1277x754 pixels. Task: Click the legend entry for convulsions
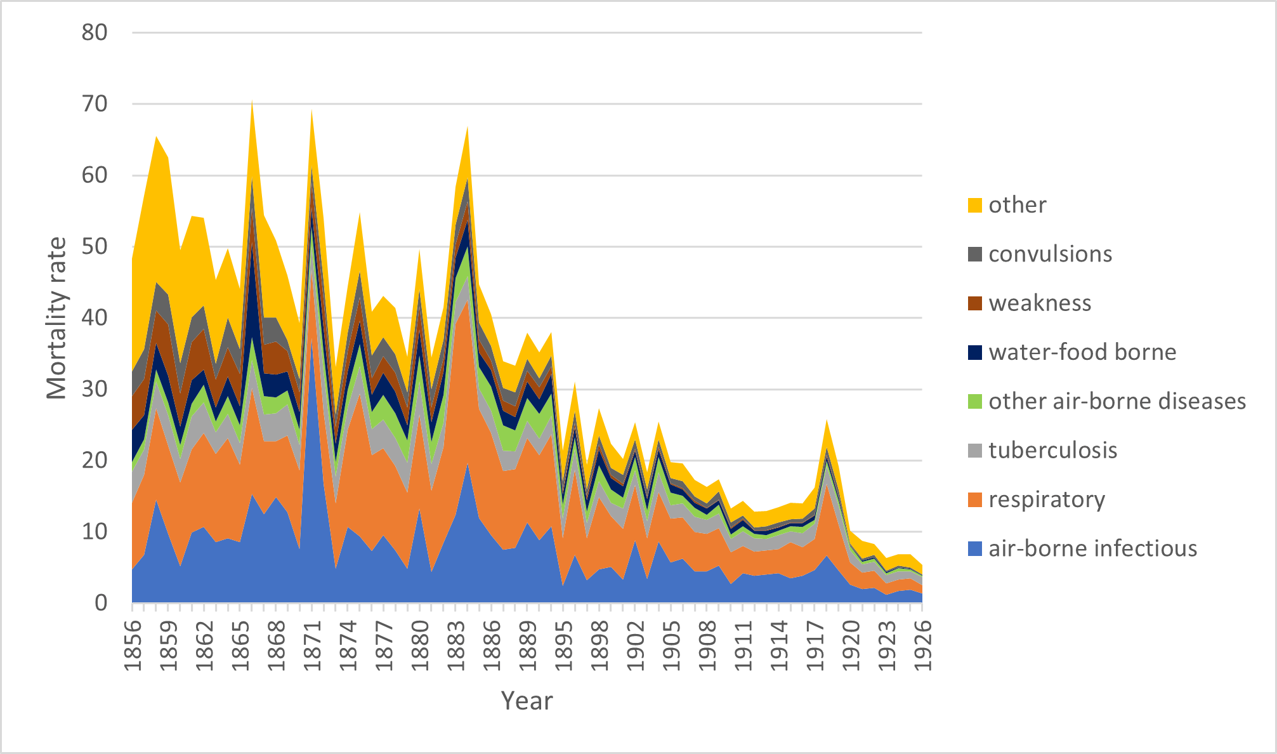coord(1050,254)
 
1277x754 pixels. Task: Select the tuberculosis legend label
coord(1052,450)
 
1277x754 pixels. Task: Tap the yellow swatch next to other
coord(975,205)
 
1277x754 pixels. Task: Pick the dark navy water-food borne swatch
coord(975,352)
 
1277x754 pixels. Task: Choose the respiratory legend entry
coord(1047,499)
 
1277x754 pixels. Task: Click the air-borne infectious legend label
coord(1092,548)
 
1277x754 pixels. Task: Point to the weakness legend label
coord(1040,303)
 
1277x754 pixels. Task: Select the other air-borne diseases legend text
coord(1117,401)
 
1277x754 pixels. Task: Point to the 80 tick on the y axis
coord(95,32)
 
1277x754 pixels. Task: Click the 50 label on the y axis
coord(95,246)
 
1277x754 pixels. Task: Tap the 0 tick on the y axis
coord(101,602)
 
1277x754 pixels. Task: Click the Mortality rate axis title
coord(56,318)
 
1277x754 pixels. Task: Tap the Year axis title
coord(527,701)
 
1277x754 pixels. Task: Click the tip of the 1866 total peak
coord(252,102)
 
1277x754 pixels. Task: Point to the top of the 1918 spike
coord(827,420)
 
